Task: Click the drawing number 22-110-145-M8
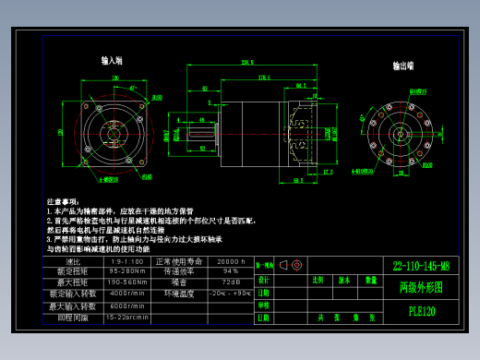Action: click(x=420, y=266)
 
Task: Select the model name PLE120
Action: click(x=420, y=311)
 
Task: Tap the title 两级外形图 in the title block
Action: click(x=420, y=288)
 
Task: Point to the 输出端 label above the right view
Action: click(x=402, y=66)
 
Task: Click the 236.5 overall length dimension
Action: click(x=247, y=63)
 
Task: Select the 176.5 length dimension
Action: click(x=263, y=77)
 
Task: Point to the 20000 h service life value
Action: click(x=230, y=261)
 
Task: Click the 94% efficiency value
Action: click(x=230, y=271)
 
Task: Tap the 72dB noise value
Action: click(x=230, y=282)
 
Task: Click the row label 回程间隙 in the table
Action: click(x=73, y=317)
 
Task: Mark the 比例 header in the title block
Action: click(x=318, y=279)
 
